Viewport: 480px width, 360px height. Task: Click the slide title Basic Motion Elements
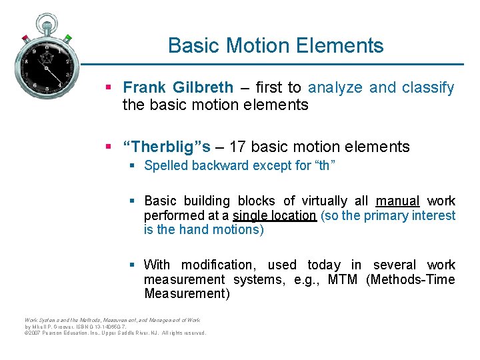(x=275, y=45)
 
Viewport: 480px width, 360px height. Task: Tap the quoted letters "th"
(x=322, y=165)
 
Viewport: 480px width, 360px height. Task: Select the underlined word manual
(x=397, y=201)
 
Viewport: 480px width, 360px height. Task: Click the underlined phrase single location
(x=275, y=215)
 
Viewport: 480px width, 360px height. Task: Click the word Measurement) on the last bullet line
(x=187, y=294)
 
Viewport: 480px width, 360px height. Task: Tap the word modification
(x=221, y=265)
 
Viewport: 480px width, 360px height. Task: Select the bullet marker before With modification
(x=133, y=265)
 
